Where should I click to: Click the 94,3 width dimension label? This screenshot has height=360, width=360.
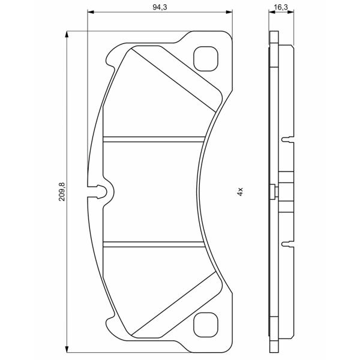click(160, 7)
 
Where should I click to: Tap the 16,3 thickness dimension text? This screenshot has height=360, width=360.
click(281, 7)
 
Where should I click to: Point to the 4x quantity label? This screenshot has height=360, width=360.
click(240, 191)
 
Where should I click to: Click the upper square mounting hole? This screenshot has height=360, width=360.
click(205, 59)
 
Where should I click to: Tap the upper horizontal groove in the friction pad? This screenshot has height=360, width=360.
click(154, 139)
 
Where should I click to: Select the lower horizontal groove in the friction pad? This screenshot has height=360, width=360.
click(154, 244)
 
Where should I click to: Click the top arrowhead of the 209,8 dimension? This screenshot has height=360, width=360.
click(67, 34)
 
